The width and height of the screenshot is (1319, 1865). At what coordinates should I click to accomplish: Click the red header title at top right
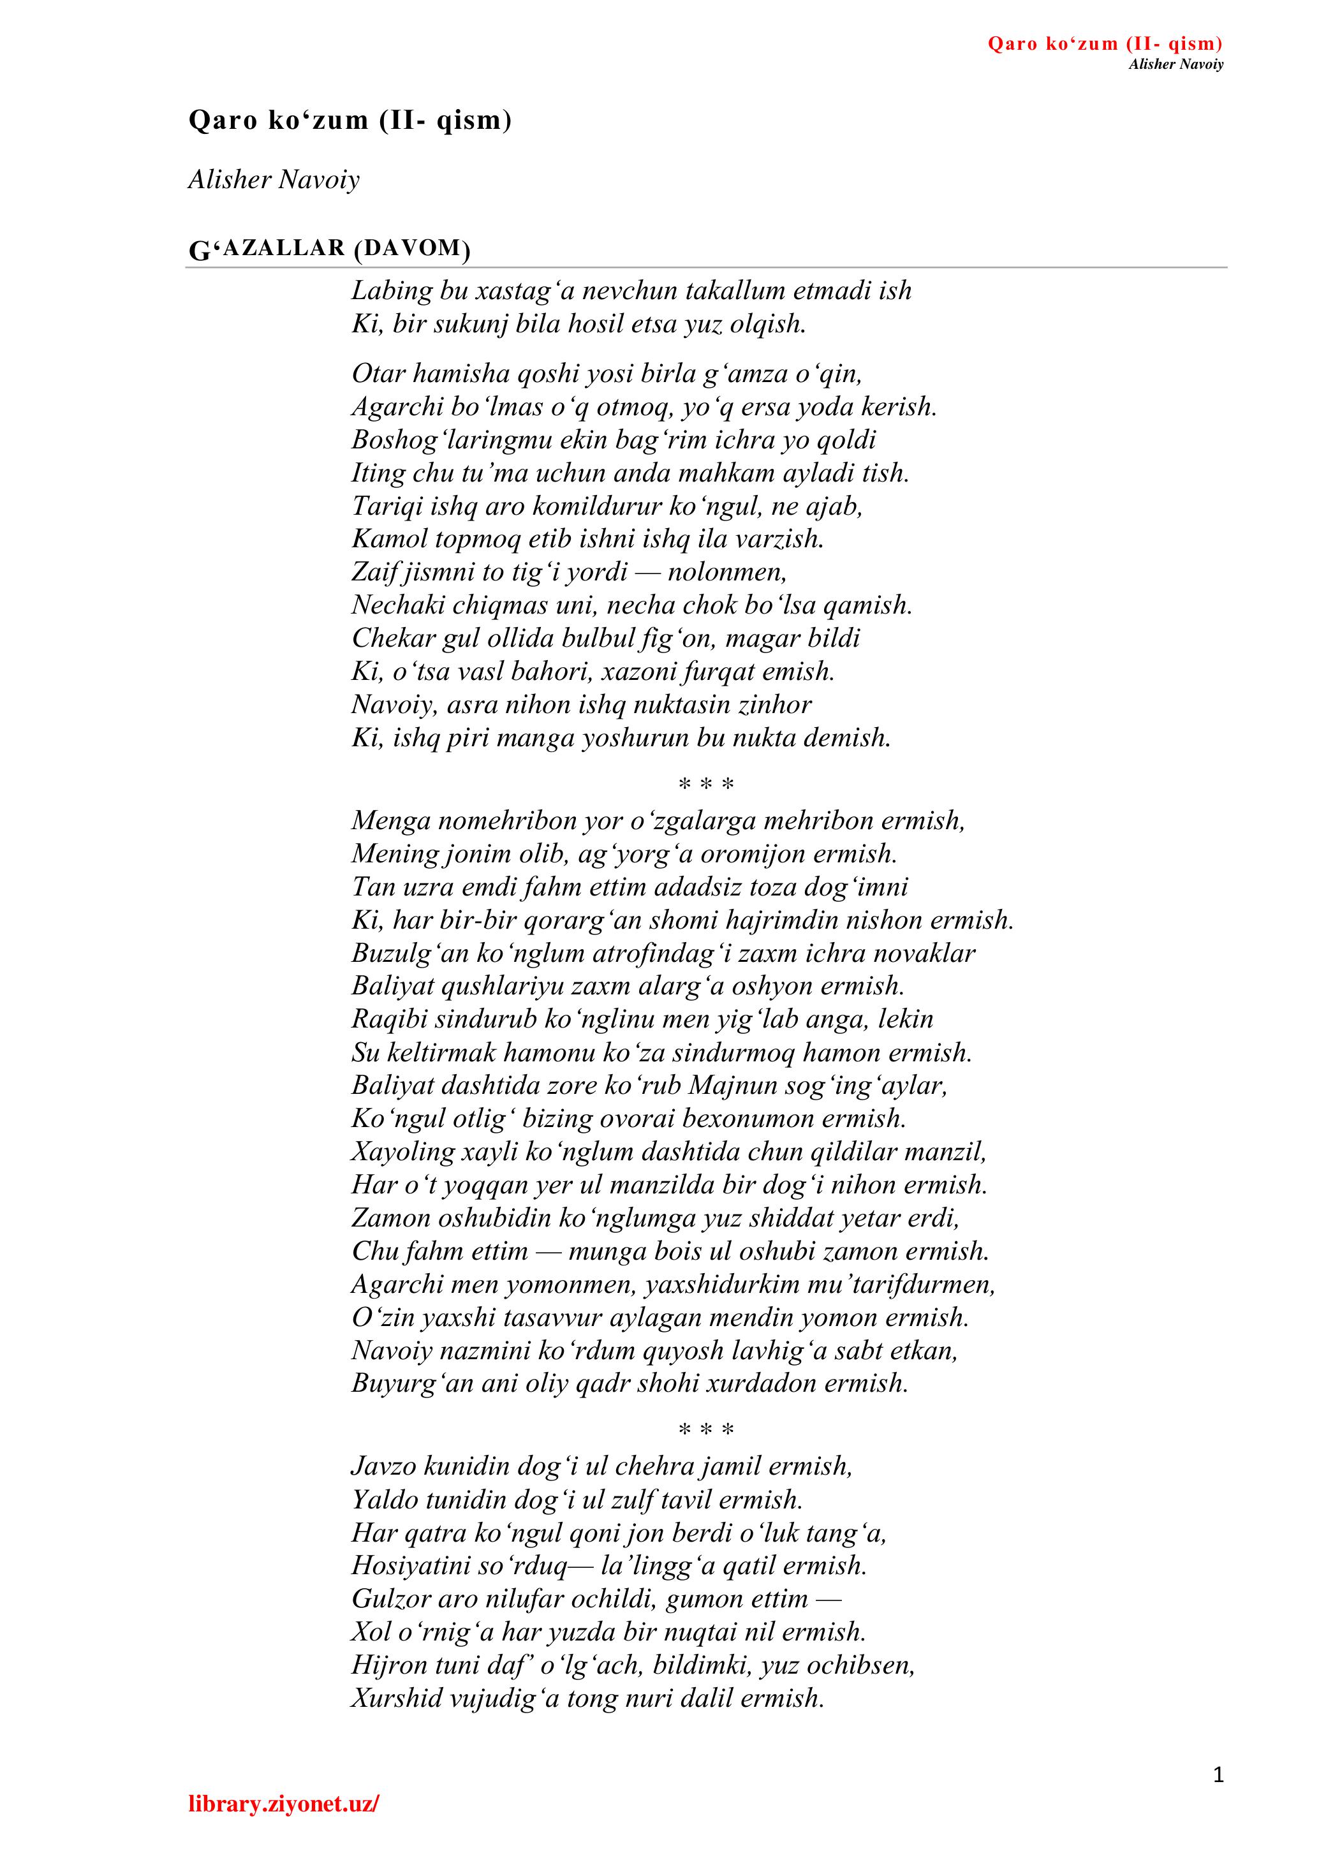coord(1105,44)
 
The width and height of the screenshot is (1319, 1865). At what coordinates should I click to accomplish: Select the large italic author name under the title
coord(274,179)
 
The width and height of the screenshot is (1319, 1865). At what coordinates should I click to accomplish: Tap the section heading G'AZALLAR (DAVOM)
coord(329,249)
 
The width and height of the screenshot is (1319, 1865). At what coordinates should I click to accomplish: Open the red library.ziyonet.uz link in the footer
coord(283,1827)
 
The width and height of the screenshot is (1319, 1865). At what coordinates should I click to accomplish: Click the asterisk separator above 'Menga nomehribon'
coord(706,785)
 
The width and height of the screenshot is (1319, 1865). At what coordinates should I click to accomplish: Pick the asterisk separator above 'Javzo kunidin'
coord(706,1429)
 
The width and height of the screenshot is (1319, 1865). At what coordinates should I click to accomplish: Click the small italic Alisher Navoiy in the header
coord(1175,64)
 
